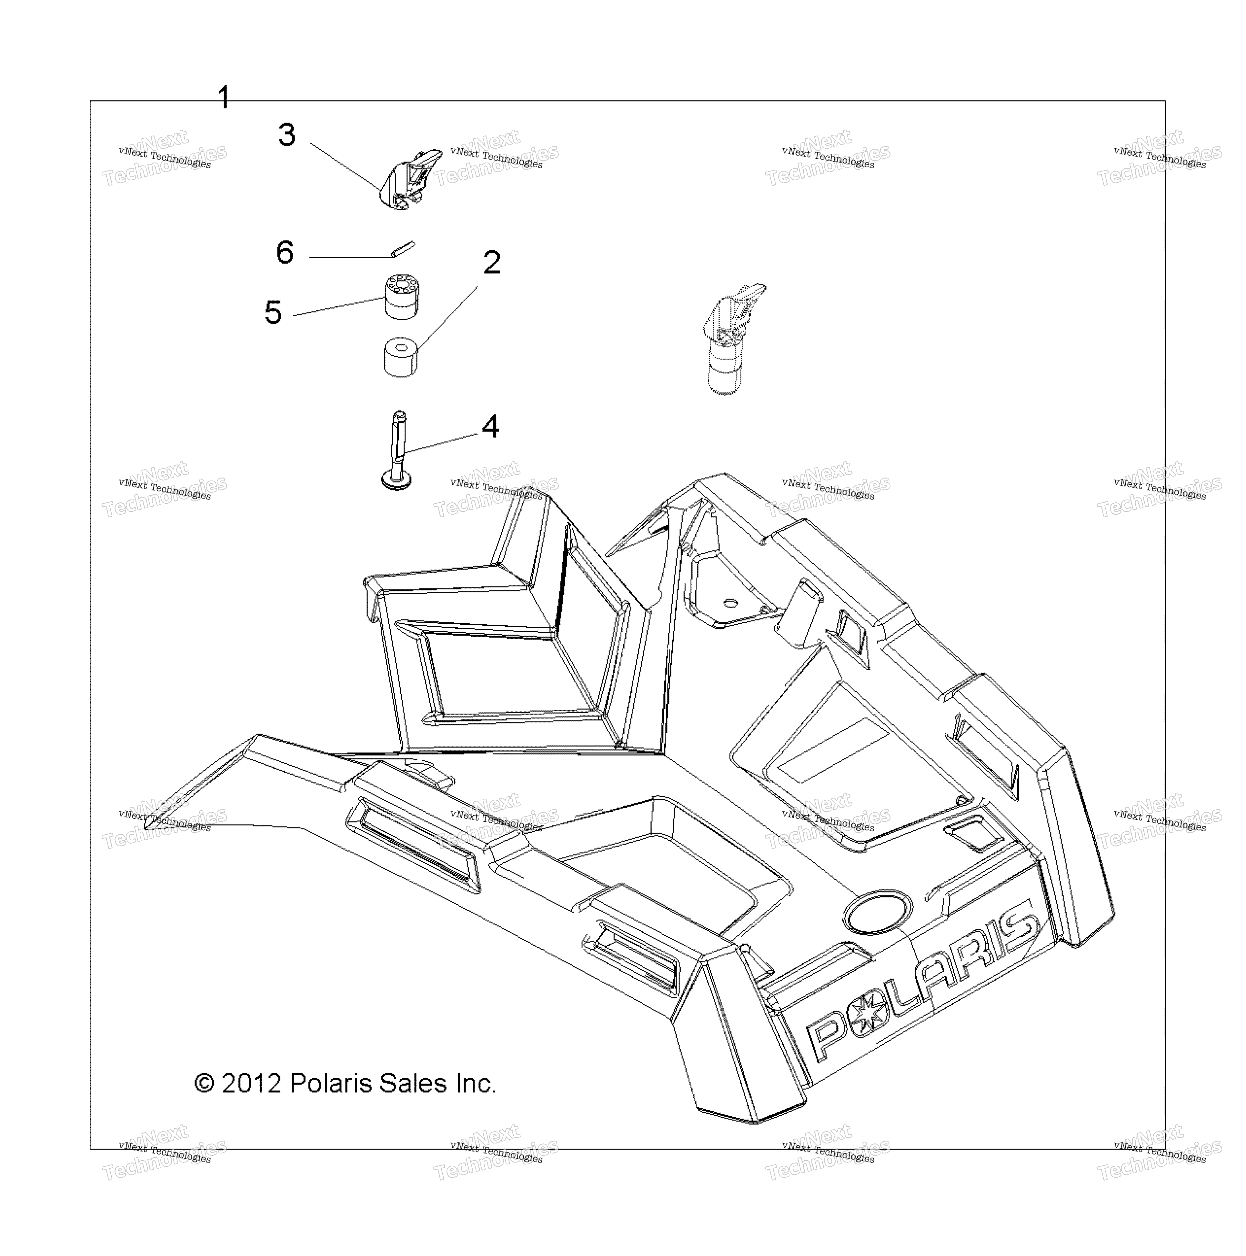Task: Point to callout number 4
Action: pos(490,427)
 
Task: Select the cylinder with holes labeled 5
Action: pos(401,296)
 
